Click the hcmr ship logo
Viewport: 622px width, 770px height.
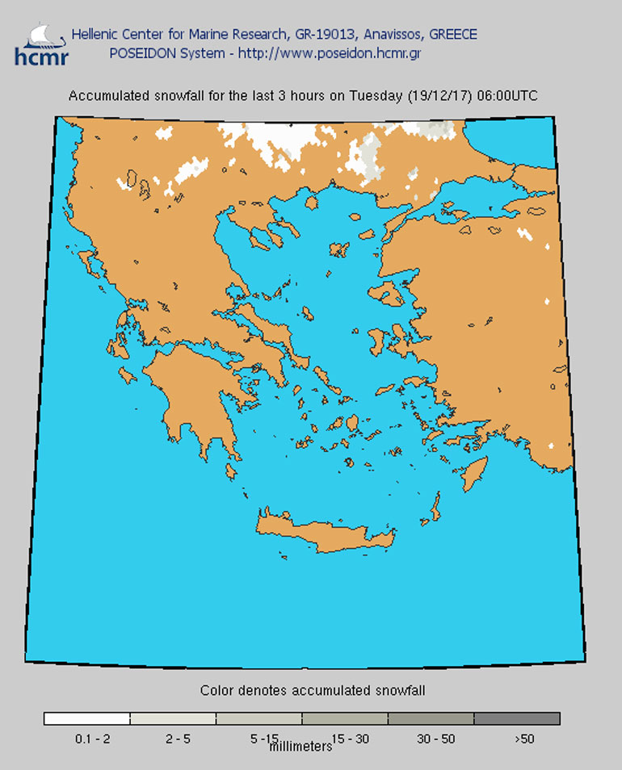coord(41,44)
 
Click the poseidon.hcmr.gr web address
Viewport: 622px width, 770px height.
coord(351,53)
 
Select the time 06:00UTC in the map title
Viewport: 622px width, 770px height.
coord(507,95)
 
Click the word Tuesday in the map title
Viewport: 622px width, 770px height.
coord(375,95)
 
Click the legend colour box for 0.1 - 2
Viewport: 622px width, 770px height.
coord(86,718)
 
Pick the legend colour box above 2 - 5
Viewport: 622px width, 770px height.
coord(173,718)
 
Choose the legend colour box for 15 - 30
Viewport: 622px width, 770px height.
coord(345,718)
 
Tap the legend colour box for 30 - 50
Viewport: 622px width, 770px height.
coord(431,718)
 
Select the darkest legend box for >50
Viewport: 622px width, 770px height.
coord(517,718)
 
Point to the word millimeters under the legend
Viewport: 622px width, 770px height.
coord(300,747)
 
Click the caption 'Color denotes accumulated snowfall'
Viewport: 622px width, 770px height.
coord(313,690)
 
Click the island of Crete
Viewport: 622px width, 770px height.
coord(331,536)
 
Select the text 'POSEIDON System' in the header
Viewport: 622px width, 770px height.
coord(158,53)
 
